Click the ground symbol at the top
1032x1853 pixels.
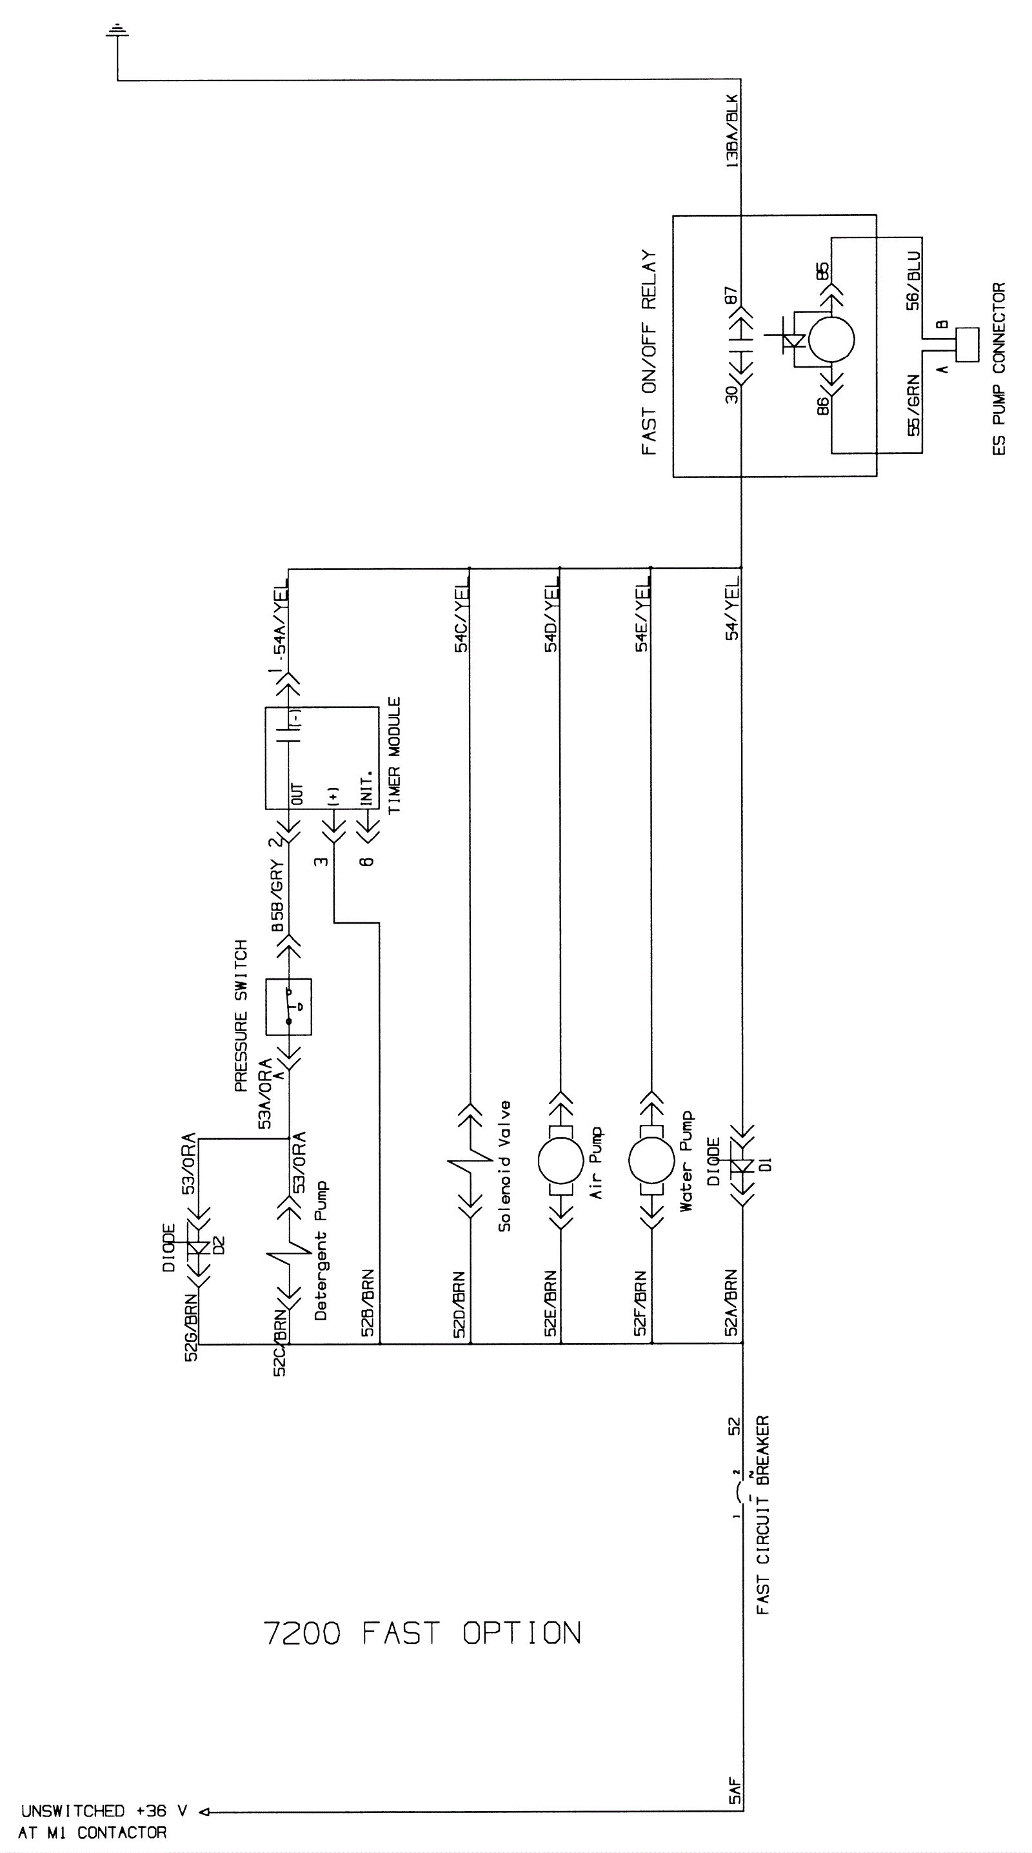pos(117,31)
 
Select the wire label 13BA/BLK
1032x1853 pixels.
pos(732,132)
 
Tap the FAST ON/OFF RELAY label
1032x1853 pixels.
pos(650,352)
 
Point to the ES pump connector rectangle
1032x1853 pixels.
pos(967,344)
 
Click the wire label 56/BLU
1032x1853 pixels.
pos(913,281)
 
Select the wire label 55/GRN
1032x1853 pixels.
pos(913,406)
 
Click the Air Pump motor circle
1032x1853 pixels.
pos(561,1160)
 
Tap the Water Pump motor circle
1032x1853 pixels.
pos(651,1160)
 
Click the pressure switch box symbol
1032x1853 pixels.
pos(288,1006)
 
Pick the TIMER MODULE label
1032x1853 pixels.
pos(394,756)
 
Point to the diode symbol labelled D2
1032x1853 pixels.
pos(199,1248)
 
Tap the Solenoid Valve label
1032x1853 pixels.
pos(504,1165)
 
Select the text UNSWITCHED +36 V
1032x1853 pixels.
pos(104,1810)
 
